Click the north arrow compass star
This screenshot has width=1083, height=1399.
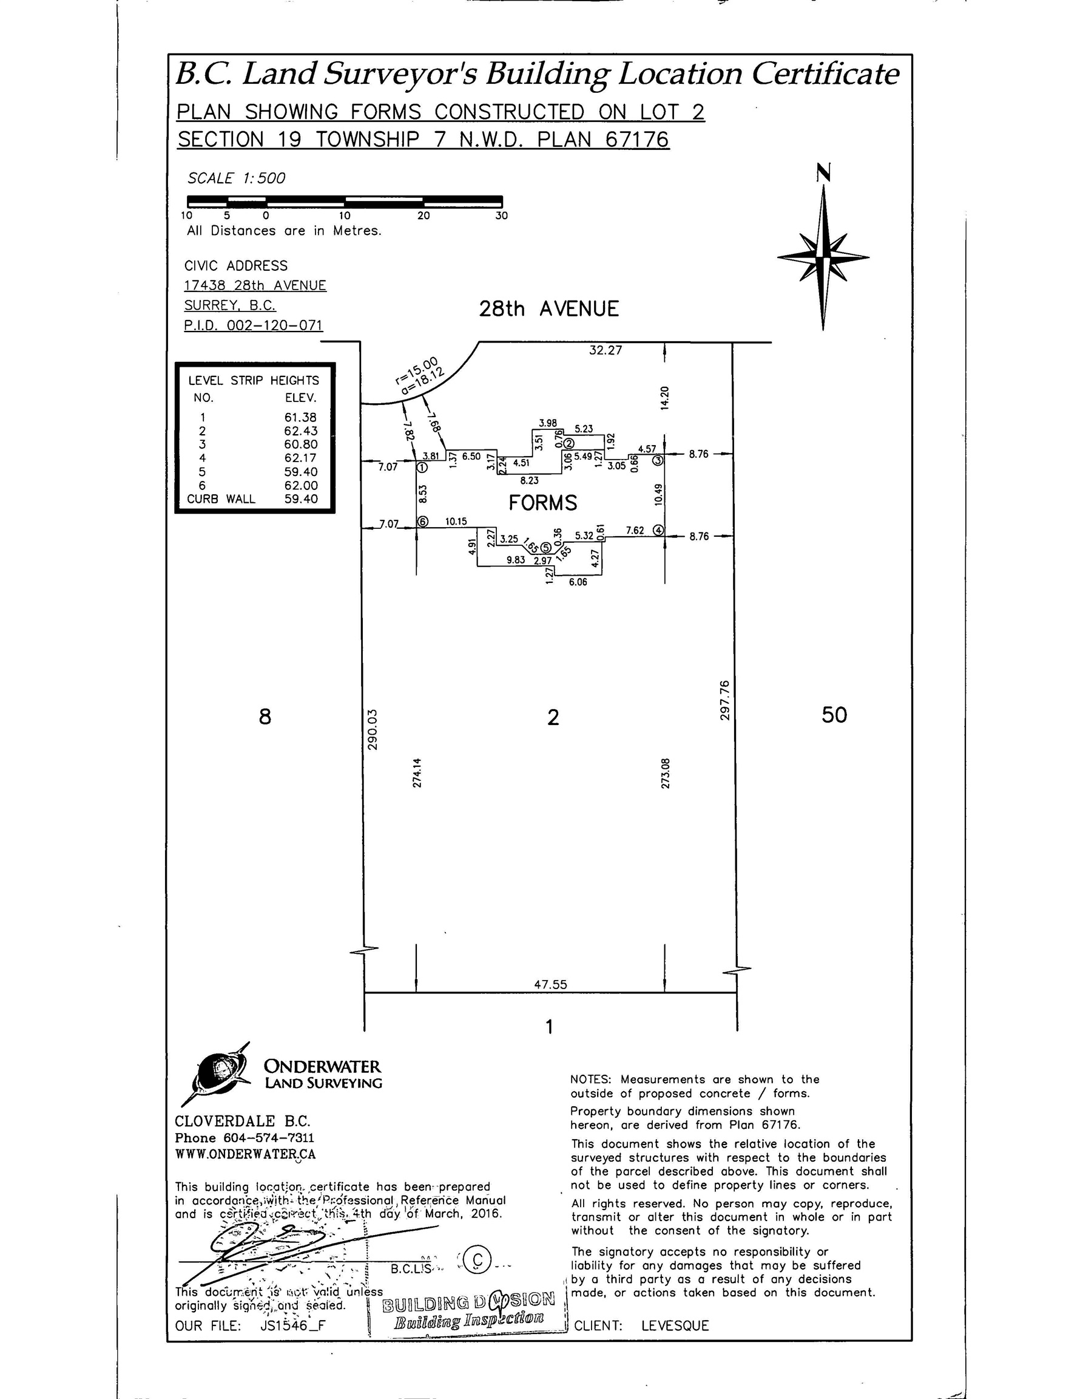pyautogui.click(x=823, y=257)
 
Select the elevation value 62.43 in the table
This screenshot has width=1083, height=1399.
pyautogui.click(x=301, y=431)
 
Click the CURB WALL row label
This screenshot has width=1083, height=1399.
pyautogui.click(x=221, y=499)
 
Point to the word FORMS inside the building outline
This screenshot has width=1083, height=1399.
pyautogui.click(x=543, y=503)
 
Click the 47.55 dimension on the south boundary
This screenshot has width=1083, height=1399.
pyautogui.click(x=550, y=984)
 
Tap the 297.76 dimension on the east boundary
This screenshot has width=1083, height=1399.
pyautogui.click(x=724, y=699)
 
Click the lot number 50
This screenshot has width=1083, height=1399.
pyautogui.click(x=834, y=715)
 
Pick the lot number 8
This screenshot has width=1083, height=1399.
pyautogui.click(x=265, y=716)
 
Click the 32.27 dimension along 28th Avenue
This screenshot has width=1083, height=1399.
pyautogui.click(x=606, y=350)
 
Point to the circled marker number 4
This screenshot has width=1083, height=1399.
pyautogui.click(x=658, y=530)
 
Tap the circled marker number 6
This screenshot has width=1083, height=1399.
pyautogui.click(x=422, y=522)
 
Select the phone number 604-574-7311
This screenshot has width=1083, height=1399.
pyautogui.click(x=268, y=1138)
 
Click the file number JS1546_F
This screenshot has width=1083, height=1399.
pyautogui.click(x=293, y=1326)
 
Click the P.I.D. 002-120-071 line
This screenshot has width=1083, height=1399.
pyautogui.click(x=254, y=325)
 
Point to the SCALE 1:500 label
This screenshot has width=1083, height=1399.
pyautogui.click(x=236, y=178)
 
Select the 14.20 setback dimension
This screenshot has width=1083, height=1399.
pyautogui.click(x=664, y=398)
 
